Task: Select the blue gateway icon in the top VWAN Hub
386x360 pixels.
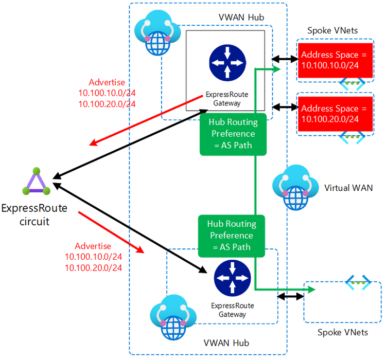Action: coord(224,64)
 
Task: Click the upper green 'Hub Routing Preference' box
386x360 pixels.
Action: coord(233,134)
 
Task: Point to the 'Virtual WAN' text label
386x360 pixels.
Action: coord(348,188)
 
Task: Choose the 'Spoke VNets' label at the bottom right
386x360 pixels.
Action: coord(343,332)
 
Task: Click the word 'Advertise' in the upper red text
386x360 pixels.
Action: coord(107,82)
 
